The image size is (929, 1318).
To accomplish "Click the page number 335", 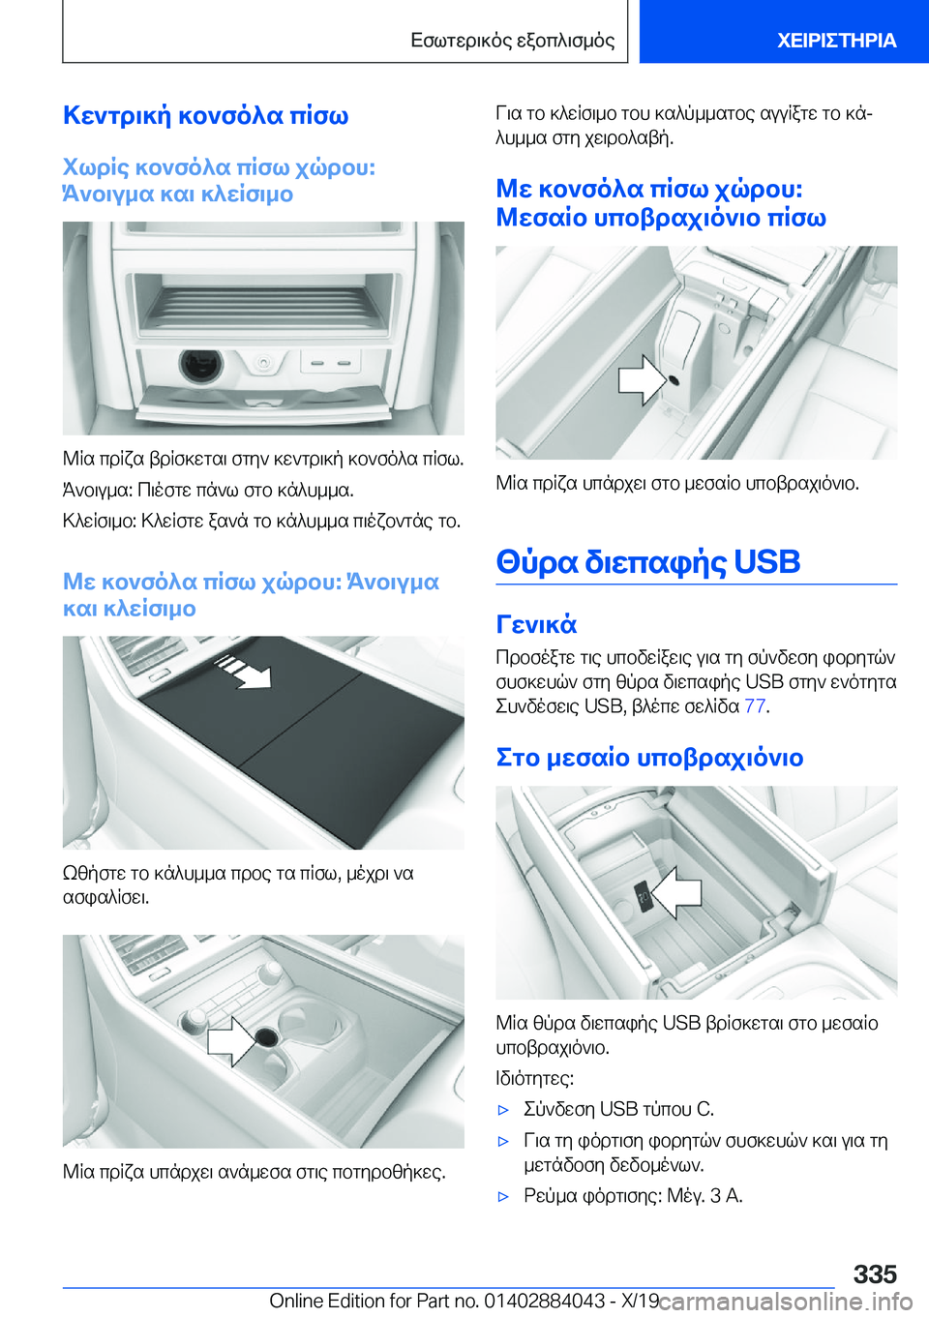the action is click(875, 1274).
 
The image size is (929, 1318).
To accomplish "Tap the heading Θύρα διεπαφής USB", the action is click(647, 561).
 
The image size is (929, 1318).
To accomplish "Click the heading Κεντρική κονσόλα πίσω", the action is click(205, 115).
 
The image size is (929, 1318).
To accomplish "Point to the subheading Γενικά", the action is click(536, 624).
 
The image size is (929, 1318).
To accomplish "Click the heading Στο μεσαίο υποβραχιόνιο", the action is click(649, 758).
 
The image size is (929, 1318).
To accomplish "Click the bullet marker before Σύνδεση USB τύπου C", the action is click(503, 1110).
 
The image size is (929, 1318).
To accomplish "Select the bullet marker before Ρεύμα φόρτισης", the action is click(503, 1196).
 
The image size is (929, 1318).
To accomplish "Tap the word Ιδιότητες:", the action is click(535, 1079).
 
